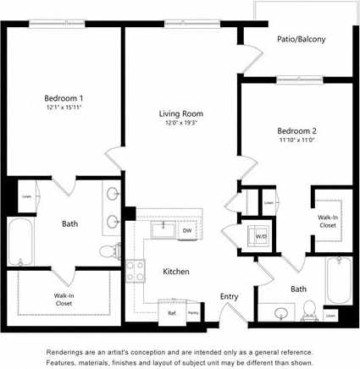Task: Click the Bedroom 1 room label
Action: pos(64,98)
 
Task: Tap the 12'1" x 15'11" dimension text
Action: pos(64,107)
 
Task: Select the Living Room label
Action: pos(181,113)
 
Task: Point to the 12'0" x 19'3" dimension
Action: pos(181,123)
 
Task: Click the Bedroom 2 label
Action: pos(296,130)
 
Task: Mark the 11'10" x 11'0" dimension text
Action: pos(296,140)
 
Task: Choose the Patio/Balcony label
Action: pos(302,39)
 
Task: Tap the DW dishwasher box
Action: pos(186,230)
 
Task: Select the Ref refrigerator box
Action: pos(171,313)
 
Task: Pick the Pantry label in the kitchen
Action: pos(193,313)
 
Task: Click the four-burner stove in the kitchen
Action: pos(136,271)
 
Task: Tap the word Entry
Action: pos(229,296)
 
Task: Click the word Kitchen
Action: pos(176,272)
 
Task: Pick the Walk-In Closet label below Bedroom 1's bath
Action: pos(64,299)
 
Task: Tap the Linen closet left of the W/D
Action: pos(269,203)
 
